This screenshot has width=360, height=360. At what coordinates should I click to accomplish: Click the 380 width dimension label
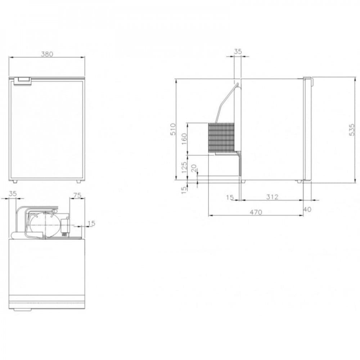tap(47, 54)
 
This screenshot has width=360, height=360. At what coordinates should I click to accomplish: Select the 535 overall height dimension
tap(352, 130)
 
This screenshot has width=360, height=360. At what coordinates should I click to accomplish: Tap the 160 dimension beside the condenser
tap(184, 139)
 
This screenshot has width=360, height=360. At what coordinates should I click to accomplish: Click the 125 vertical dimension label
tap(184, 168)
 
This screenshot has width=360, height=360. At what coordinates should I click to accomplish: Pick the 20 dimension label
tap(194, 168)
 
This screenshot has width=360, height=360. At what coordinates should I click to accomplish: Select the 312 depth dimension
tap(272, 197)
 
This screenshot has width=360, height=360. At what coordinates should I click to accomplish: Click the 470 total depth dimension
tap(256, 212)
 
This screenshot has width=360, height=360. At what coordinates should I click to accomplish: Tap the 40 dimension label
tap(307, 210)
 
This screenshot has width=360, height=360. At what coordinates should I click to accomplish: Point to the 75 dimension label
tap(77, 195)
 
